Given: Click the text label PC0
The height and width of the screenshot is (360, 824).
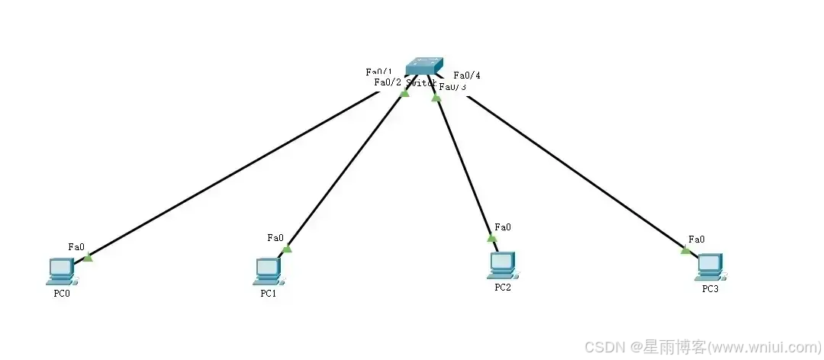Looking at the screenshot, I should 62,294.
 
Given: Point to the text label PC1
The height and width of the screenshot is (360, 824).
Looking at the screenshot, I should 268,294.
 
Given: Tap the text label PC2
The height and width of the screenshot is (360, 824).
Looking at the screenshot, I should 502,288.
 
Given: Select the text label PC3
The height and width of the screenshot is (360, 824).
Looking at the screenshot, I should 710,289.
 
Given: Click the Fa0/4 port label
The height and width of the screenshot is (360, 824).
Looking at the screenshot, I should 467,76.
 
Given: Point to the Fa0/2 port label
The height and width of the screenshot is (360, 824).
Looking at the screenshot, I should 388,82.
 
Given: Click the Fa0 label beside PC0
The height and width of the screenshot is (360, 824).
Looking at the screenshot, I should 76,246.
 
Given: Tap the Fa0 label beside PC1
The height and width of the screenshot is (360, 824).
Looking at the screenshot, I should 275,237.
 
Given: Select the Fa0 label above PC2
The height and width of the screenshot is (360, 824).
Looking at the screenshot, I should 503,227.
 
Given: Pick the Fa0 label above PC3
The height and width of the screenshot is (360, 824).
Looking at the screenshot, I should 697,239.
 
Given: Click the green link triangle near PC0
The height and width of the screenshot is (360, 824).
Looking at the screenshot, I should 88,257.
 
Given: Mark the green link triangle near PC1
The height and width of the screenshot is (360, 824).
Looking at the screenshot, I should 287,248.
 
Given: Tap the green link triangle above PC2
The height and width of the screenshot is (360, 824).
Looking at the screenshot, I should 492,237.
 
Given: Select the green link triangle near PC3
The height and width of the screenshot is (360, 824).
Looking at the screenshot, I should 685,249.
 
